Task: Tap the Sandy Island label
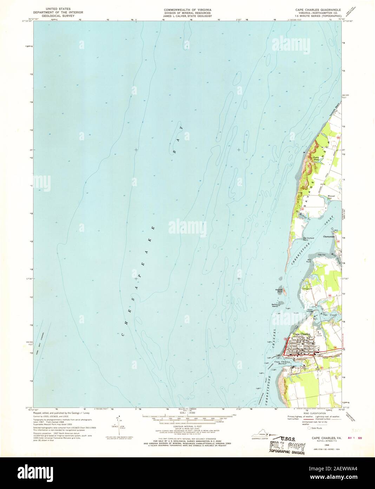tap(275, 305)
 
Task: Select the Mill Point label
tap(309, 261)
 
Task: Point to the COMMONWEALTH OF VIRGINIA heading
tap(182, 8)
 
